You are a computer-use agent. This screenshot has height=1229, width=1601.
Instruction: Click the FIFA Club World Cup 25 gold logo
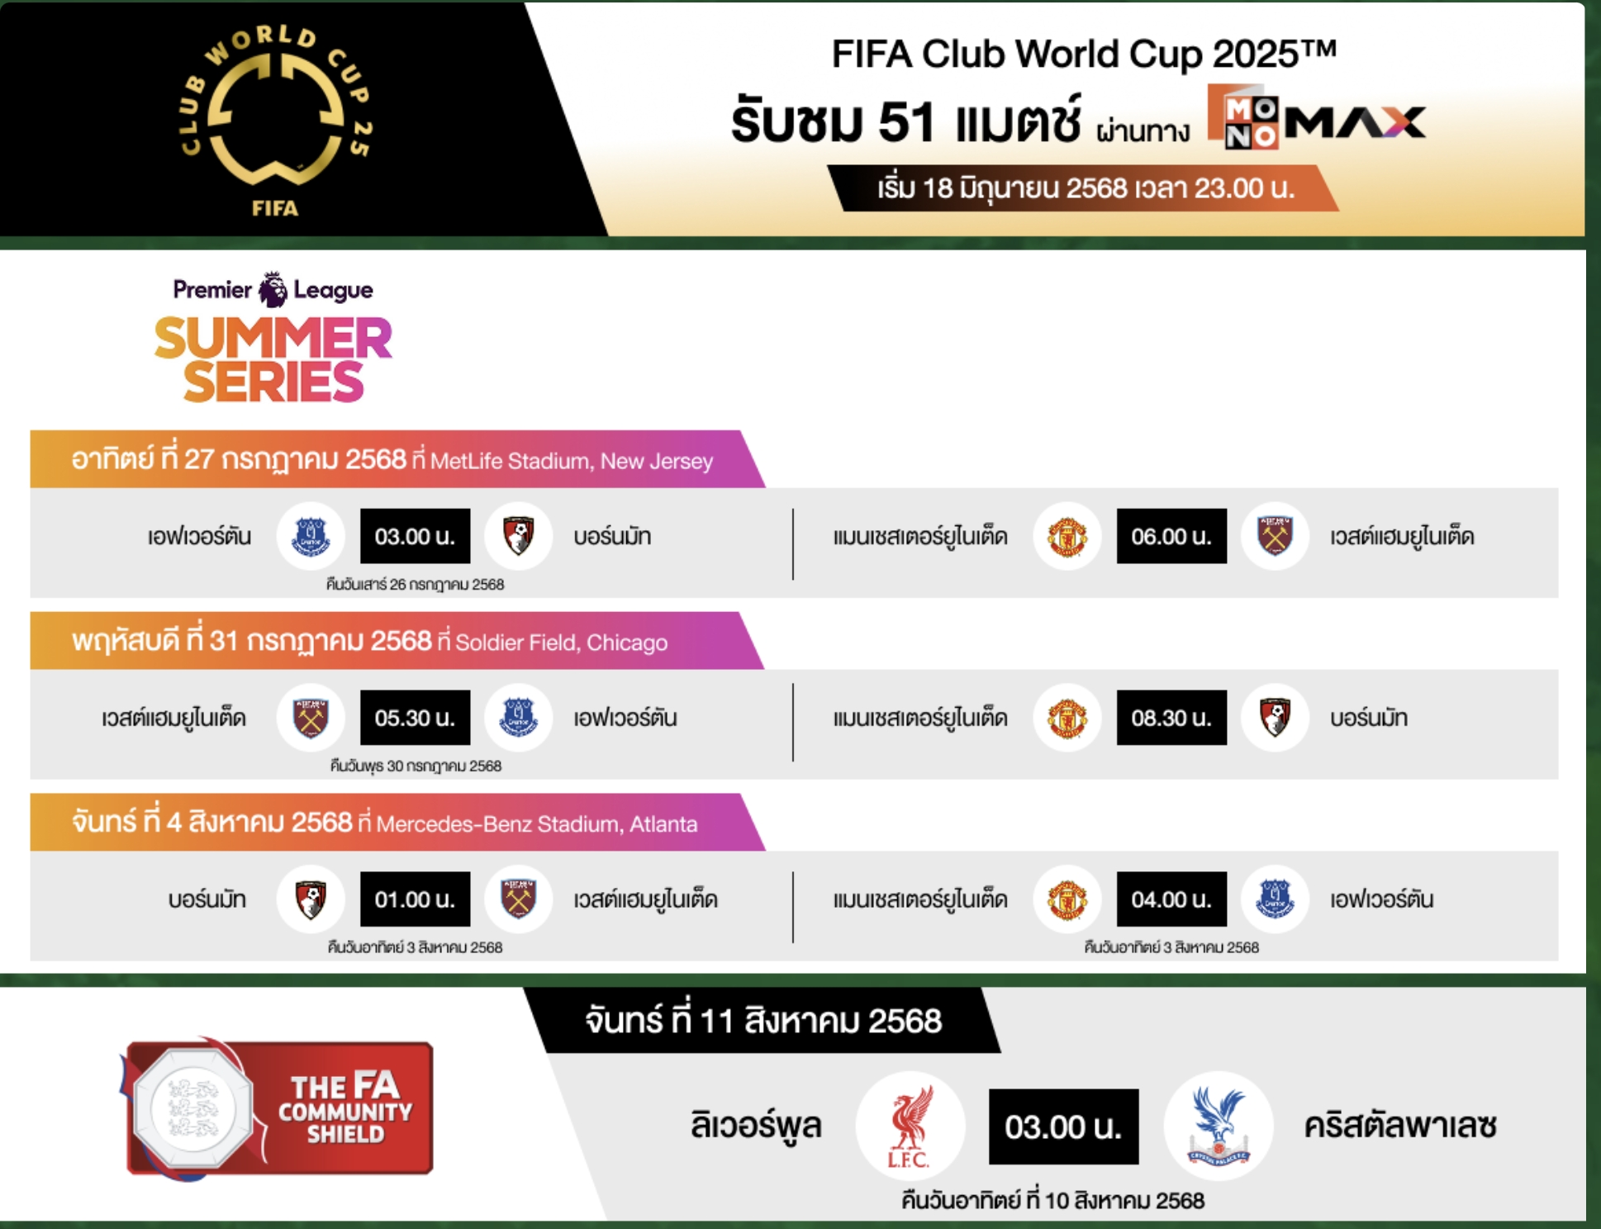(275, 120)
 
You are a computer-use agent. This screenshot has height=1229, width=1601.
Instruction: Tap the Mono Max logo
(1317, 117)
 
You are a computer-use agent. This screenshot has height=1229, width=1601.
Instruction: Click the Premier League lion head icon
(273, 289)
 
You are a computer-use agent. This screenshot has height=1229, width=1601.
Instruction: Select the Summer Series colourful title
(273, 359)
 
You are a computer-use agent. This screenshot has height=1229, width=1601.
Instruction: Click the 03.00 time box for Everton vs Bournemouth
(415, 536)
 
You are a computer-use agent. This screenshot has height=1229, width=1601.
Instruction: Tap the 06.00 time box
(1171, 536)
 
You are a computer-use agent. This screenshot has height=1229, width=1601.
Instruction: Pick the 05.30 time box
(415, 718)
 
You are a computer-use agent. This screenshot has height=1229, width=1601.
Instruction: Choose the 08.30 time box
(1171, 718)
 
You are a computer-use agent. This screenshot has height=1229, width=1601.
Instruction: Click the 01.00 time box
(415, 899)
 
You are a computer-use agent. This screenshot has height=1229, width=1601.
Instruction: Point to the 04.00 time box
(1171, 899)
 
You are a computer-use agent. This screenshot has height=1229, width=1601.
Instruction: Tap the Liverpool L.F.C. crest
(910, 1126)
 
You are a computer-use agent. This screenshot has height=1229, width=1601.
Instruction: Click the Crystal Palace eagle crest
(1219, 1126)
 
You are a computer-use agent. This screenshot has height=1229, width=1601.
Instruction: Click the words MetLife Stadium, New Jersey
(572, 461)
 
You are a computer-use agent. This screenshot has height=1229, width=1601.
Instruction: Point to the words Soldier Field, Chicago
(561, 643)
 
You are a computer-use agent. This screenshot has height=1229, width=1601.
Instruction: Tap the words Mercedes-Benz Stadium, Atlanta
(537, 824)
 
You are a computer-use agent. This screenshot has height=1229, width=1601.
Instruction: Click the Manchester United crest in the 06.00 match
(1067, 536)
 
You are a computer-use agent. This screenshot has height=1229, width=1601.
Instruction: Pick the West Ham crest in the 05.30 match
(311, 718)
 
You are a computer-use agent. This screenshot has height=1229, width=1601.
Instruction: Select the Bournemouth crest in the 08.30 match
(1276, 718)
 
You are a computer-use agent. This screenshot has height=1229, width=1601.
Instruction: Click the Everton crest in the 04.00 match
(1276, 899)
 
